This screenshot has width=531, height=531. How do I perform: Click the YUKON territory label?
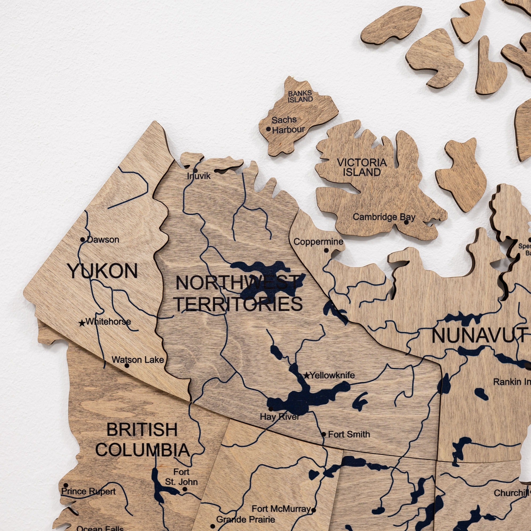(x=103, y=271)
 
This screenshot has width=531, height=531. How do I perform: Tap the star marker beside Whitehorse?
(x=82, y=323)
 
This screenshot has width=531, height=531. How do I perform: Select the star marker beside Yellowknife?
(x=306, y=375)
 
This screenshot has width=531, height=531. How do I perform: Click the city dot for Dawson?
(x=83, y=239)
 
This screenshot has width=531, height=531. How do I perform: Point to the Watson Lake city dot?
(x=127, y=365)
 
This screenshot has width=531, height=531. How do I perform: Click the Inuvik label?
(x=199, y=176)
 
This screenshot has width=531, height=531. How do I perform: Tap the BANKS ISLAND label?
(x=300, y=96)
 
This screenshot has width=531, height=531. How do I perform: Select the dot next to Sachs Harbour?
(x=268, y=129)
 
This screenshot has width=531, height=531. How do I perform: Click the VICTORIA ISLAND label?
(x=362, y=167)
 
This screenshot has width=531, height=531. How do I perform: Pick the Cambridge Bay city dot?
(x=406, y=222)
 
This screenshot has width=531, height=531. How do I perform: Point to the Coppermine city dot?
(x=326, y=250)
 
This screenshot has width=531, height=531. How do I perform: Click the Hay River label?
(x=280, y=417)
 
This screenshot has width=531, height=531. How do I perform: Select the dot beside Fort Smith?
(x=324, y=434)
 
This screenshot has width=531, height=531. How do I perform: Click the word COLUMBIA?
(x=142, y=450)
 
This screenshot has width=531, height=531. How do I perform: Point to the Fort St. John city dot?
(x=185, y=489)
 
